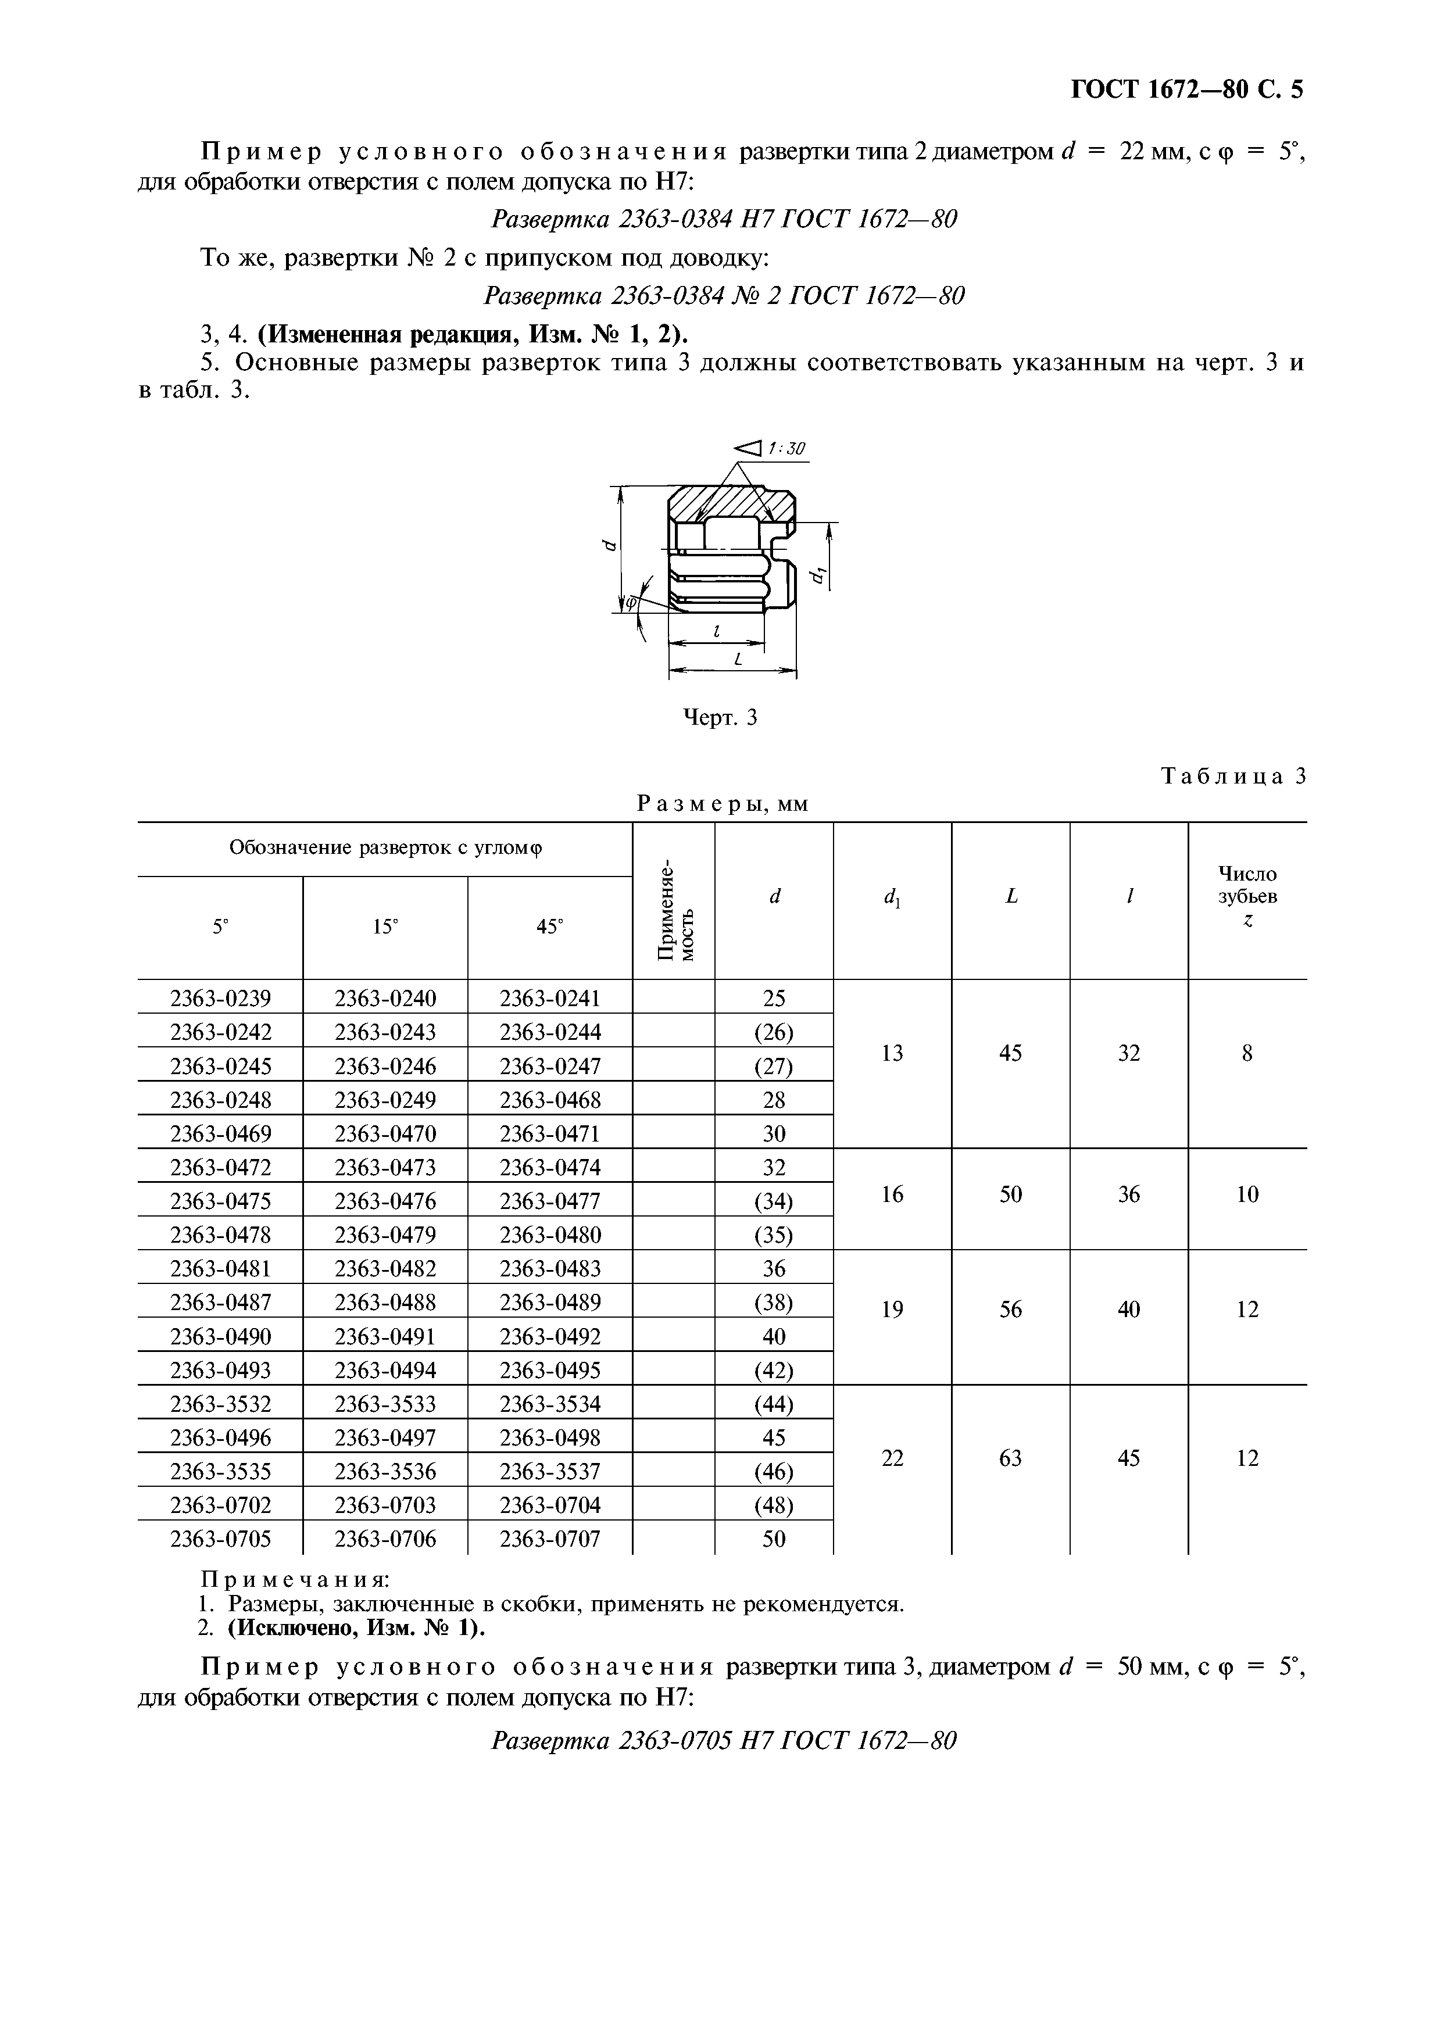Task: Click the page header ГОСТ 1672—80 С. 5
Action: [x=1187, y=90]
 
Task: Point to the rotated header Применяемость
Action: [x=673, y=900]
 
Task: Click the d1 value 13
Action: [x=892, y=1053]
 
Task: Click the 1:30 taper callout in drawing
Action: [x=786, y=449]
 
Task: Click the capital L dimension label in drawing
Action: [x=737, y=659]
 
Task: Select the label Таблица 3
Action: [x=1233, y=776]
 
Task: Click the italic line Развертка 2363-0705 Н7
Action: [x=724, y=1741]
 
